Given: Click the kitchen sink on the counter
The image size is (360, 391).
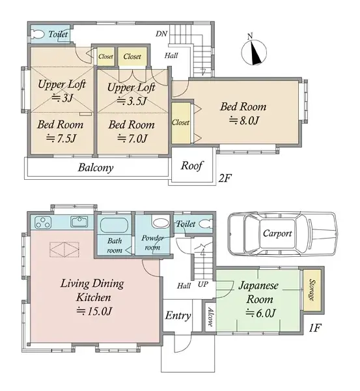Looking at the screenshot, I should [x=79, y=222].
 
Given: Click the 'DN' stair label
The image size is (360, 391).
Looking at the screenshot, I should [x=161, y=34].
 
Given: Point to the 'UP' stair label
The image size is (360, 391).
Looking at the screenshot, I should [x=203, y=285].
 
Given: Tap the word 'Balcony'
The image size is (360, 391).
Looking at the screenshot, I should [x=96, y=167].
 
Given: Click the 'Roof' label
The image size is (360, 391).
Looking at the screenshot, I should [x=192, y=166].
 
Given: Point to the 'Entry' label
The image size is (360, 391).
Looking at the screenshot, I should [x=177, y=316].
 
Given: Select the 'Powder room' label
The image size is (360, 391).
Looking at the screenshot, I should [x=152, y=241].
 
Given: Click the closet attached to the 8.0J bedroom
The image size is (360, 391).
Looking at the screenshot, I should [x=181, y=122].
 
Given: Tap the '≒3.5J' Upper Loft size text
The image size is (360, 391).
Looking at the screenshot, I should [x=131, y=101].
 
